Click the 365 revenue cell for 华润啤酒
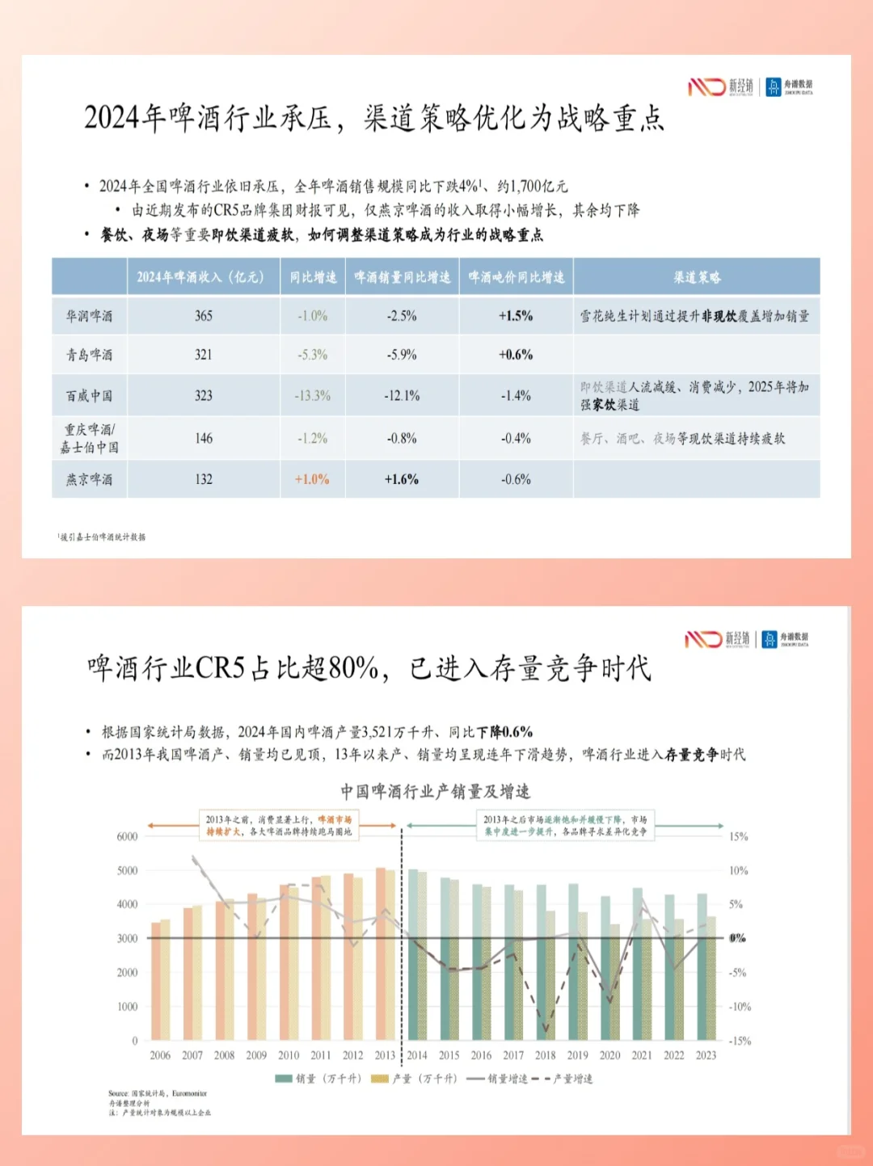pyautogui.click(x=204, y=316)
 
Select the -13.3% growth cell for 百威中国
pyautogui.click(x=312, y=396)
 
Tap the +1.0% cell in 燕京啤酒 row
pyautogui.click(x=312, y=479)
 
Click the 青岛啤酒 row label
pyautogui.click(x=89, y=355)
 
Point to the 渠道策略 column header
pyautogui.click(x=697, y=277)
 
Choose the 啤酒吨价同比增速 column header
pyautogui.click(x=517, y=277)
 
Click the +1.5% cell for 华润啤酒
pyautogui.click(x=516, y=316)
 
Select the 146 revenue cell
pyautogui.click(x=204, y=439)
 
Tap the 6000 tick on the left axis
pyautogui.click(x=127, y=836)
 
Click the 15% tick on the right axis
pyautogui.click(x=739, y=836)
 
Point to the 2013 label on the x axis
pyautogui.click(x=385, y=1055)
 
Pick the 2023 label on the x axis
pyautogui.click(x=706, y=1055)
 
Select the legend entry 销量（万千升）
pyautogui.click(x=318, y=1079)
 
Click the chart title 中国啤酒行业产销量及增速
pyautogui.click(x=435, y=791)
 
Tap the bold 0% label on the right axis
pyautogui.click(x=737, y=938)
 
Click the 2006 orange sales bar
pyautogui.click(x=155, y=982)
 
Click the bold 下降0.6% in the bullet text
pyautogui.click(x=504, y=732)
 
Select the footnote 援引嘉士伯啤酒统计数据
pyautogui.click(x=103, y=537)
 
